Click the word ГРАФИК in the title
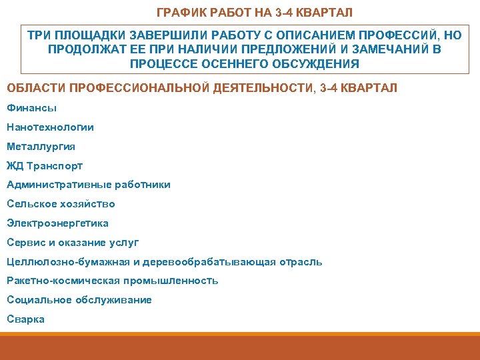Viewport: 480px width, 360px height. [178, 13]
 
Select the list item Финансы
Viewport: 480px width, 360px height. [31, 107]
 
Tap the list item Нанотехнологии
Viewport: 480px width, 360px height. [50, 127]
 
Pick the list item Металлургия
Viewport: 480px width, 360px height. [41, 146]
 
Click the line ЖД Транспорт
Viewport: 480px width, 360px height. [45, 165]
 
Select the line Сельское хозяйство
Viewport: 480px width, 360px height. [61, 204]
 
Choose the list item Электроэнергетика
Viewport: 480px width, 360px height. [57, 223]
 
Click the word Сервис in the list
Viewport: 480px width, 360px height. [24, 243]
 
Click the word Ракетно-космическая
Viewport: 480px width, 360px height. [57, 281]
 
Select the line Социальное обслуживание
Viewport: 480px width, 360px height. [79, 300]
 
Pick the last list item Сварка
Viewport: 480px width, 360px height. [25, 319]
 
